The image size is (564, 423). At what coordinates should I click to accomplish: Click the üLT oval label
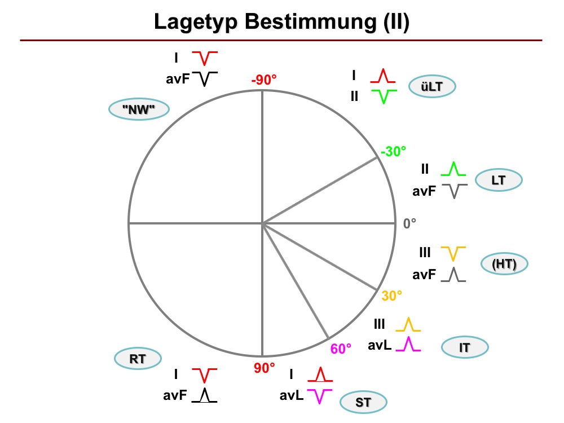432,86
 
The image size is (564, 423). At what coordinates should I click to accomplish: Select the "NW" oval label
139,109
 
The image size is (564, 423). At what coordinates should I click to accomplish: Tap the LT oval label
499,180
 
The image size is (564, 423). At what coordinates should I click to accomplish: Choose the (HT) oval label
504,263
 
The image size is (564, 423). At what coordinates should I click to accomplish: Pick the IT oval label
465,347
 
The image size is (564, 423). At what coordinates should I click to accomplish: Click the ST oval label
363,402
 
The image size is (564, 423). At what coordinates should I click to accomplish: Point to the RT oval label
138,359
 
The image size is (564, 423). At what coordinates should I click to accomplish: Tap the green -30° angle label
393,151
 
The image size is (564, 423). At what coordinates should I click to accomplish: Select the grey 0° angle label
409,224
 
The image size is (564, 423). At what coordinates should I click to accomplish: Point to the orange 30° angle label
392,296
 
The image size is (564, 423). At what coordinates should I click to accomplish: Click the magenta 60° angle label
341,349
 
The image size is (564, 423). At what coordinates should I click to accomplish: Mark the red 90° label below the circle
265,368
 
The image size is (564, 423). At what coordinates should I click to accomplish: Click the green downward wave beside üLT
384,97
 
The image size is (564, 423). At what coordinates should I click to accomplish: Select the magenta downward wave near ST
320,396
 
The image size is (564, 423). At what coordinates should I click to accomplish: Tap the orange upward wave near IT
408,324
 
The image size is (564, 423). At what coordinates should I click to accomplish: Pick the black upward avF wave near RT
204,395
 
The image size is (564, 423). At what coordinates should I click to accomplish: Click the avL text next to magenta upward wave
380,345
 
